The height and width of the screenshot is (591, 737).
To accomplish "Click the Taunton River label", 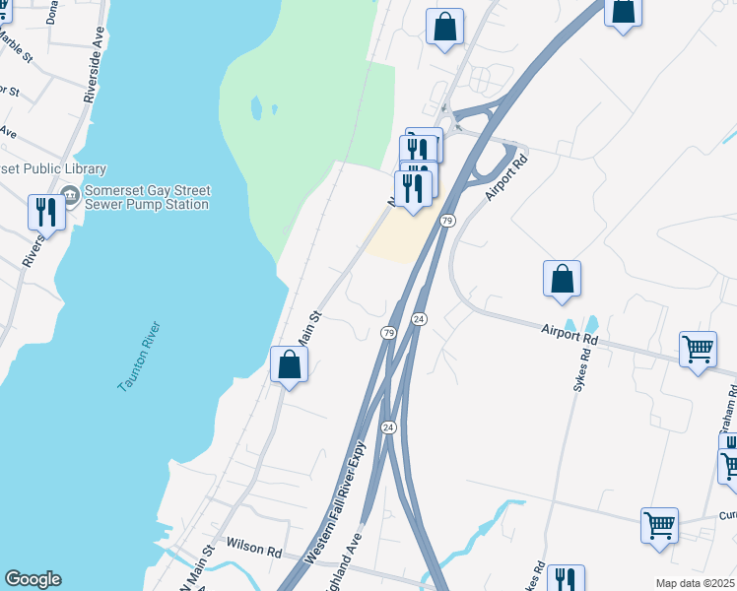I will coord(139,357).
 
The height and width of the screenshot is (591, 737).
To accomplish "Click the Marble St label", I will coord(14,45).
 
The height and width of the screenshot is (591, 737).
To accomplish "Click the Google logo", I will coord(33,579).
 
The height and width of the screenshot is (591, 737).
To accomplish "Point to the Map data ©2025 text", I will coord(694,583).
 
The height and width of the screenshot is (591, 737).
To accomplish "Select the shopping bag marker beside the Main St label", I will coord(289,364).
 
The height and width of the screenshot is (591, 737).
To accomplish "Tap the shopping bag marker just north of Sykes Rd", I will coord(562,279).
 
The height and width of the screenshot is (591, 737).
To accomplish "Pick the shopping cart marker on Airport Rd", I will coord(698,349).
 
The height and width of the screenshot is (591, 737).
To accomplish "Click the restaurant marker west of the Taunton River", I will coord(46,211).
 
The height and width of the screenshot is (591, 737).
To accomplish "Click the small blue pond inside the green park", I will coord(257,107).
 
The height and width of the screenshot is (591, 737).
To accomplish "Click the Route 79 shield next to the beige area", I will coord(447,221).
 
